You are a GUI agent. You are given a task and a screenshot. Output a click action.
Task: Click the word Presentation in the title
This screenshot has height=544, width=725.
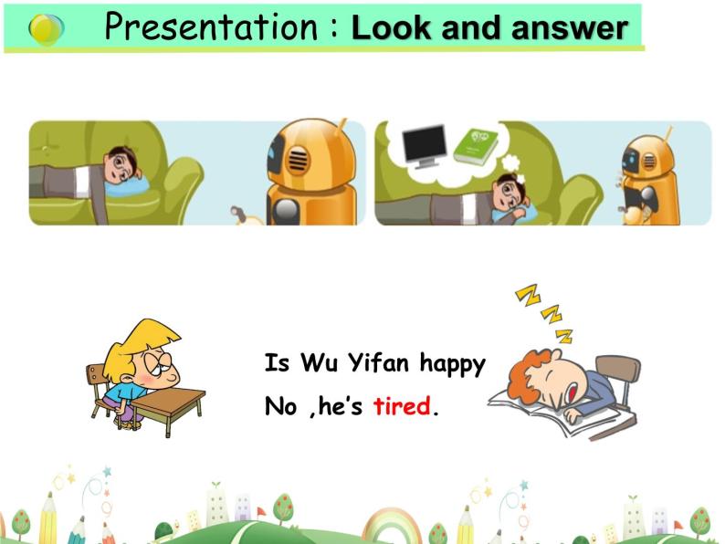(211, 27)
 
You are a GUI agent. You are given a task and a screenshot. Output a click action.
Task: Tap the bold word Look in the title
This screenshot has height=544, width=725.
(389, 28)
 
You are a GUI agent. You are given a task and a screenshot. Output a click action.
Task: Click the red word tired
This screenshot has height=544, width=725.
(401, 406)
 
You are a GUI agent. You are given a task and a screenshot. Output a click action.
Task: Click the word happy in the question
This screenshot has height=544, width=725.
(452, 364)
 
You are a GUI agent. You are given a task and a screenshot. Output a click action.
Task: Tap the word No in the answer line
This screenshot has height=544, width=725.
(280, 406)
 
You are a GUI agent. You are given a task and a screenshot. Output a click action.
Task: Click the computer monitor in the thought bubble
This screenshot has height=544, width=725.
(424, 145)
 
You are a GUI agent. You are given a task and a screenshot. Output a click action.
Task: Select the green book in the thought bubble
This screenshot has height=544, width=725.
(476, 145)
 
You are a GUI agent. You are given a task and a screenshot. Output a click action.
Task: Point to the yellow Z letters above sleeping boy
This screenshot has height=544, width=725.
(544, 313)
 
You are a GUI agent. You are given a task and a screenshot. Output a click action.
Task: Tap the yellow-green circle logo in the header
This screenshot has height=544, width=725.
(47, 29)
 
